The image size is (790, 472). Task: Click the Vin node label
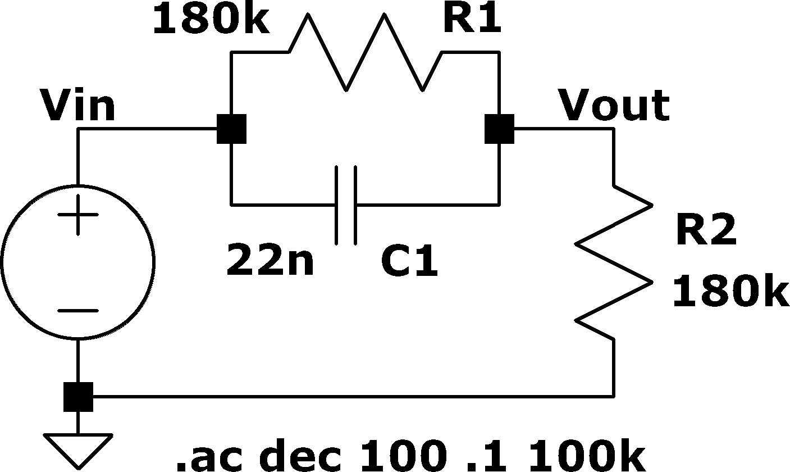77,105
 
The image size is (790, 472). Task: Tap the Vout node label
614,105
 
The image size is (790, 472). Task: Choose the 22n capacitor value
270,260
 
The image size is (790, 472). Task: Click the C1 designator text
409,260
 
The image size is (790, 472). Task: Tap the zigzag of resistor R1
366,52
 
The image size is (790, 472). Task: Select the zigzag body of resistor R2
614,262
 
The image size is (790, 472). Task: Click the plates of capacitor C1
346,205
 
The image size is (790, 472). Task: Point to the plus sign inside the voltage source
78,215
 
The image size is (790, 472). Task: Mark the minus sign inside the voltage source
78,311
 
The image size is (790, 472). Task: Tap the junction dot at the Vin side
231,129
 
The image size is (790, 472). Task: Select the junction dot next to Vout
499,129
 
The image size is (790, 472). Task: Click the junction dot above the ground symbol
78,397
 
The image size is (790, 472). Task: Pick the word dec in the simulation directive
300,455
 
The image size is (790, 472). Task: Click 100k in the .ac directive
587,455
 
